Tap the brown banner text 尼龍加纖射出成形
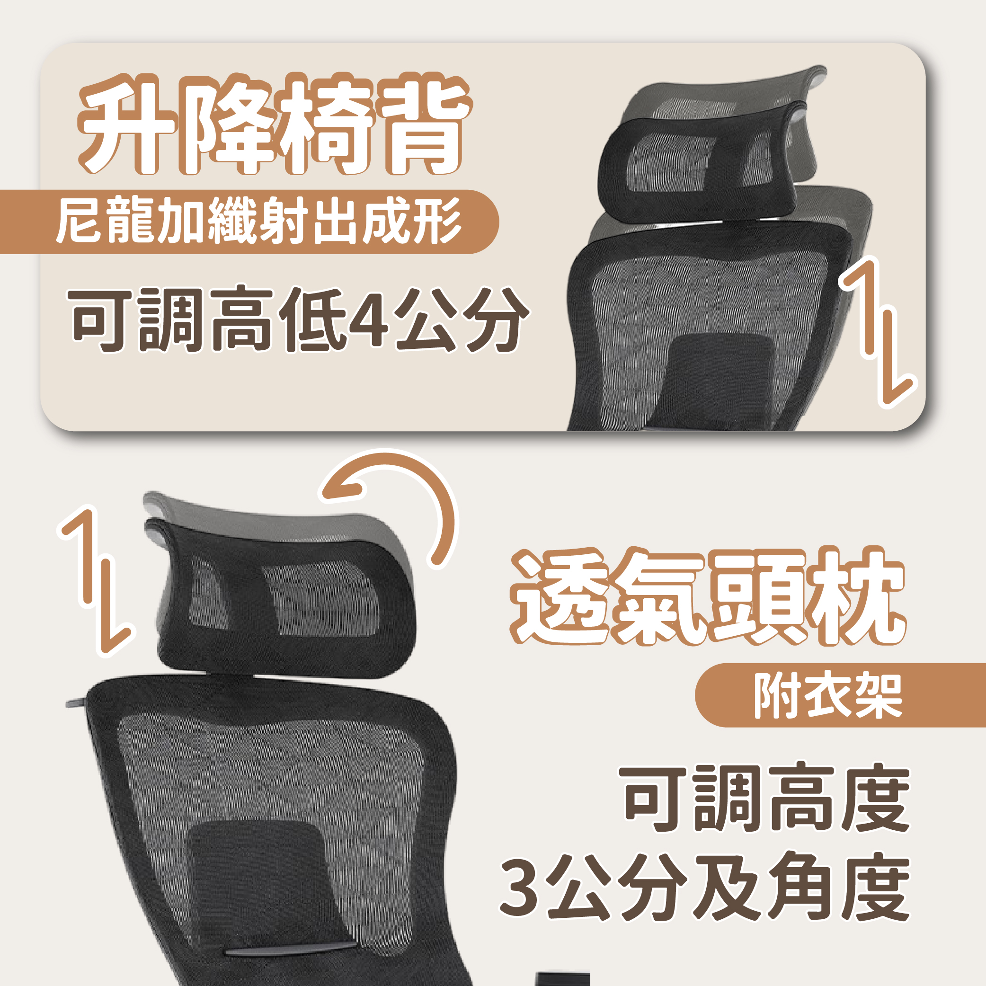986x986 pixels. coord(260,221)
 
